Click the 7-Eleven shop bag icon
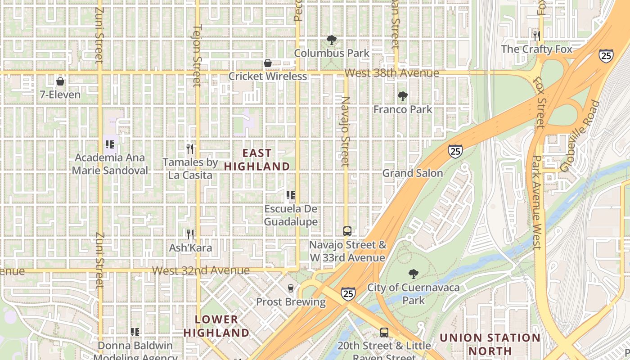coord(60,81)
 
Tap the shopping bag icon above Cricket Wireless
coord(268,63)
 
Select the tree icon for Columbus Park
coord(332,40)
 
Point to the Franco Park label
coord(403,109)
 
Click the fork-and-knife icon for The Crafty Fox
coord(536,36)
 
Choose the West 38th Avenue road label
coord(391,73)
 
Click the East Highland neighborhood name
coord(257,160)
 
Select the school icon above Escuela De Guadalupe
coord(291,195)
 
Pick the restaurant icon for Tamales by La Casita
coord(190,148)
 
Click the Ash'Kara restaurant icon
coord(190,234)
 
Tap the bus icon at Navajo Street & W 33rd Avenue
coord(347,231)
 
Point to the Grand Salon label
coord(413,173)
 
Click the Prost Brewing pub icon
coord(291,288)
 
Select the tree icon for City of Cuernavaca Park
coord(413,274)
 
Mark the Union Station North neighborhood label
coord(490,344)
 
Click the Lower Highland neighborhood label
coord(216,326)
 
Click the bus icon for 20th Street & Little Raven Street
coord(384,333)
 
